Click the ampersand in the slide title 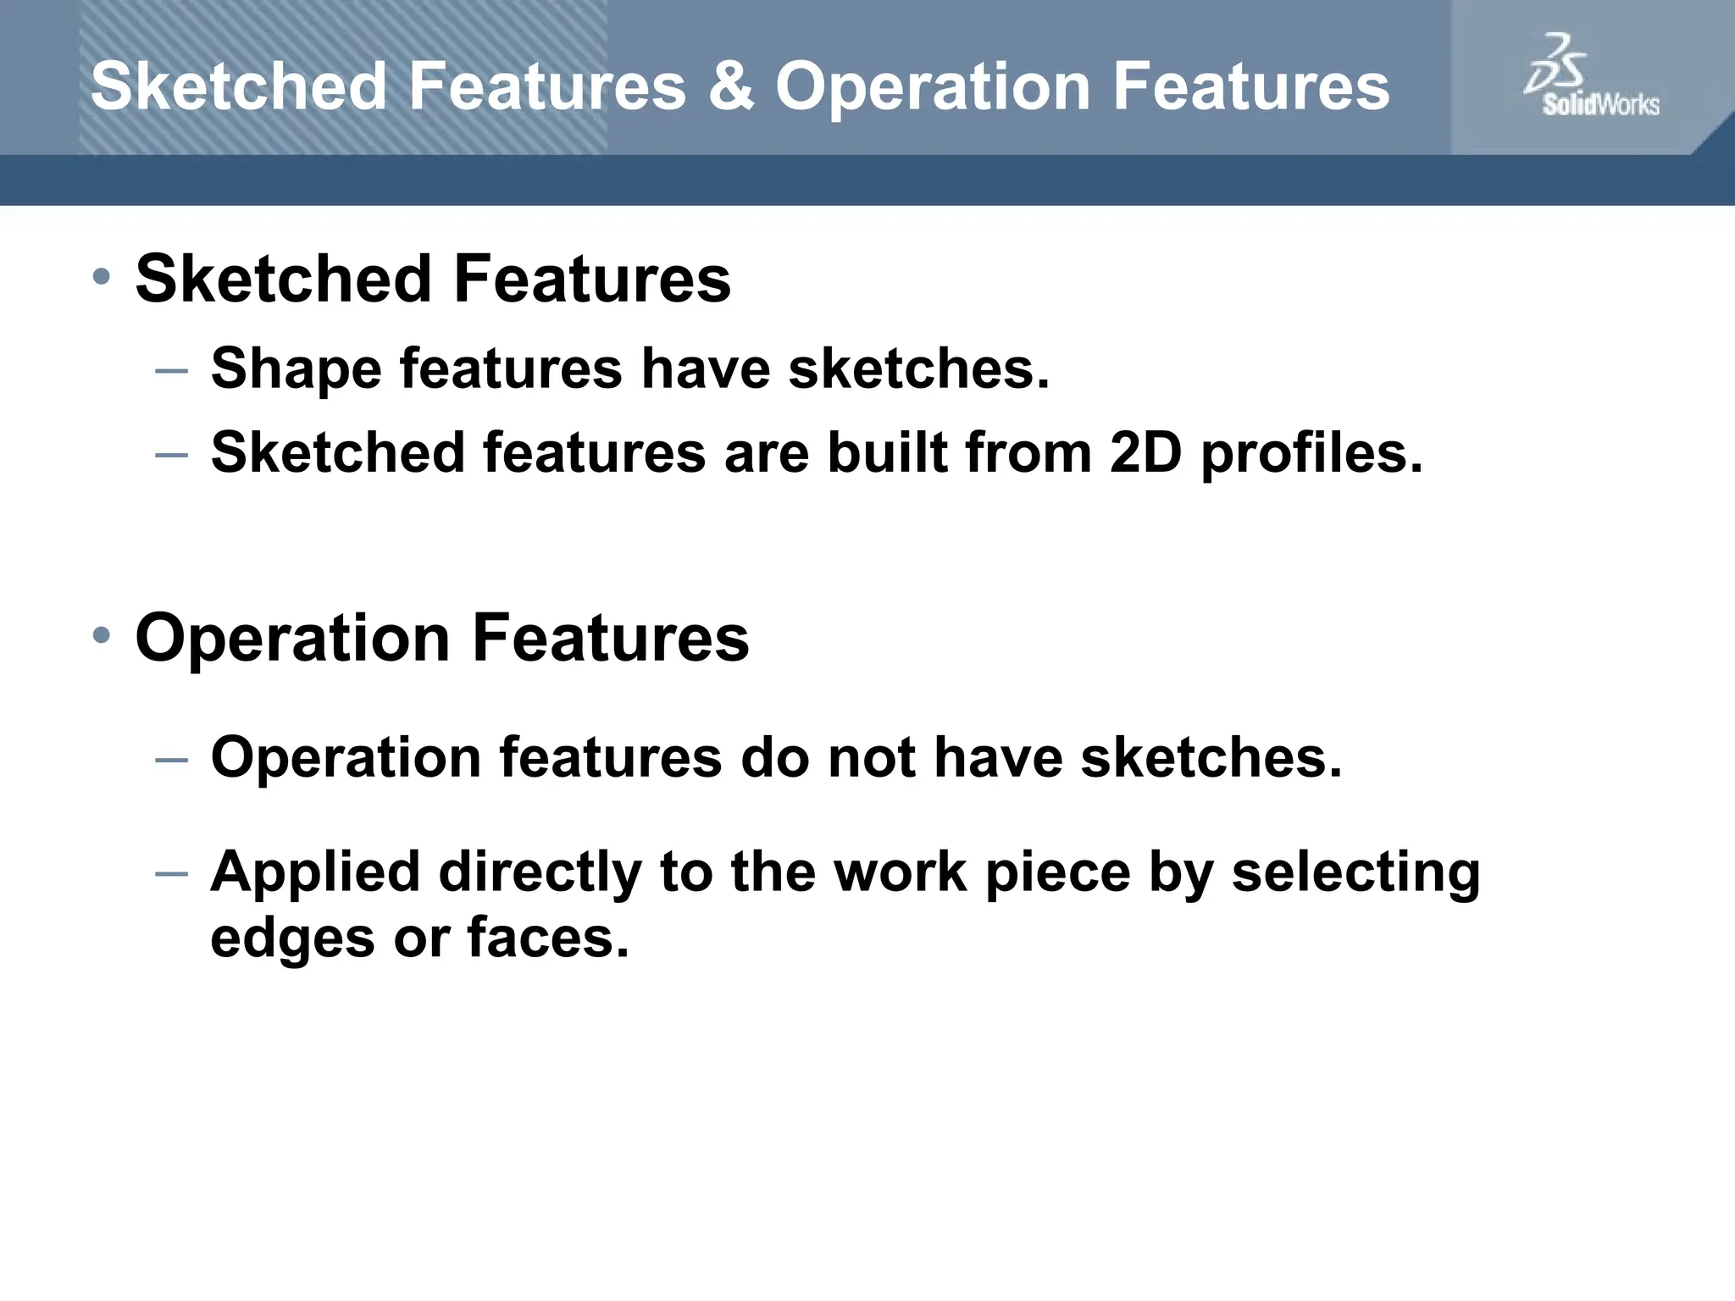[730, 86]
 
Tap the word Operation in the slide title [932, 88]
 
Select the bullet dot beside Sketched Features [102, 276]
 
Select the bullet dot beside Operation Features [102, 635]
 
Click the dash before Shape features [172, 370]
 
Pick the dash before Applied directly [172, 872]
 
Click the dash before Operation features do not [172, 758]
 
